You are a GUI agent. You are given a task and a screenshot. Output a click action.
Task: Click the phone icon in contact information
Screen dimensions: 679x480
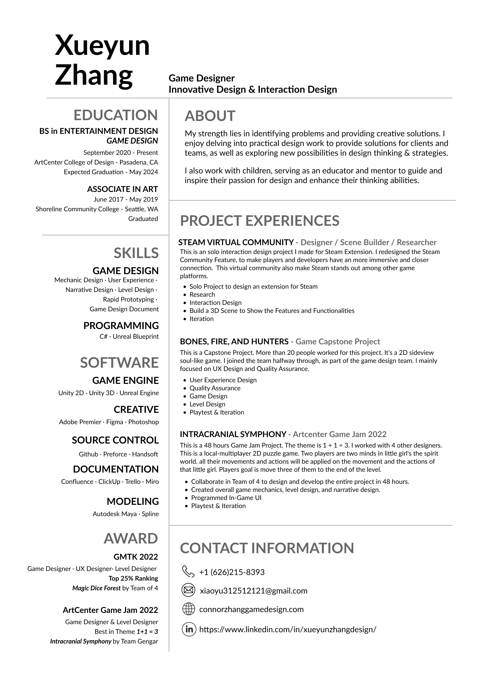pos(188,572)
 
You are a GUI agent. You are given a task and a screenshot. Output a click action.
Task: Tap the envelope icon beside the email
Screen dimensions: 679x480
pos(188,591)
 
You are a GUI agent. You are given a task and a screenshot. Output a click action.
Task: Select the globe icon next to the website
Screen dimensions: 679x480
pos(188,609)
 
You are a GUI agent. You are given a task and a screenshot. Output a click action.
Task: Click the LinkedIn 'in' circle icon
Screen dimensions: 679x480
pos(189,629)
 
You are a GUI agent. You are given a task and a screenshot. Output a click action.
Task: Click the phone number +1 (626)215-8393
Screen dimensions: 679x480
pos(232,572)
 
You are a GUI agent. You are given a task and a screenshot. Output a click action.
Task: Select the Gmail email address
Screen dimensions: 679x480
pos(254,591)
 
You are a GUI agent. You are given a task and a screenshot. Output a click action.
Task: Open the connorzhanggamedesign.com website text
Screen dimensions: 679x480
pos(251,609)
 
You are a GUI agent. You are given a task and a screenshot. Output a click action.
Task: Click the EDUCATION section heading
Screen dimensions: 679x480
pos(115,115)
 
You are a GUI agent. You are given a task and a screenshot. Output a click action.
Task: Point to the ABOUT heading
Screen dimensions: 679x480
pos(210,116)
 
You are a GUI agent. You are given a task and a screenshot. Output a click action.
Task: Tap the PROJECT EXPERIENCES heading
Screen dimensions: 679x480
pos(259,221)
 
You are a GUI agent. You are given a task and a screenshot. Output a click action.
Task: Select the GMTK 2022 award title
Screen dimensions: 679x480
pos(136,557)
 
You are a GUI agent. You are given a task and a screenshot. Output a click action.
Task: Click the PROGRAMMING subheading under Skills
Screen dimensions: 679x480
pos(121,325)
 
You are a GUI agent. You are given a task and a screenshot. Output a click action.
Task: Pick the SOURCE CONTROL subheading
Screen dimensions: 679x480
pos(115,440)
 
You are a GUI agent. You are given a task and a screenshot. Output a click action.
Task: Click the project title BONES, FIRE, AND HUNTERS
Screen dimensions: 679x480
pos(234,342)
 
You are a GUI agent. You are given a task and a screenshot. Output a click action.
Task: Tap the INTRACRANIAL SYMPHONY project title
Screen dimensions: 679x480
pos(233,434)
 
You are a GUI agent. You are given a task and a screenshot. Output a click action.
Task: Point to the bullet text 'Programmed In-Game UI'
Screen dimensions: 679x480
pos(226,498)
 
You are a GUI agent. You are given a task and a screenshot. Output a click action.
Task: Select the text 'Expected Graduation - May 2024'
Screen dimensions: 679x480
pos(111,172)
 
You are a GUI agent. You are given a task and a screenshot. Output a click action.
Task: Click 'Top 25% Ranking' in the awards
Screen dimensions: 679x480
pos(133,578)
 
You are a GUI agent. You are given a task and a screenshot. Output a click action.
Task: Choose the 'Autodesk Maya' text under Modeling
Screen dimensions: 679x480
pos(115,514)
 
